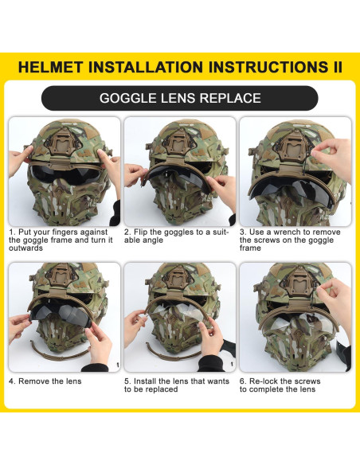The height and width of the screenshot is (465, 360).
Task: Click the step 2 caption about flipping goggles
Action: point(177,236)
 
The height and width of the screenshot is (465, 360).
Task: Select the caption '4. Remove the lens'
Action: point(45,381)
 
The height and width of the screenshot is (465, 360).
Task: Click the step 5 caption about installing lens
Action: point(177,385)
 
